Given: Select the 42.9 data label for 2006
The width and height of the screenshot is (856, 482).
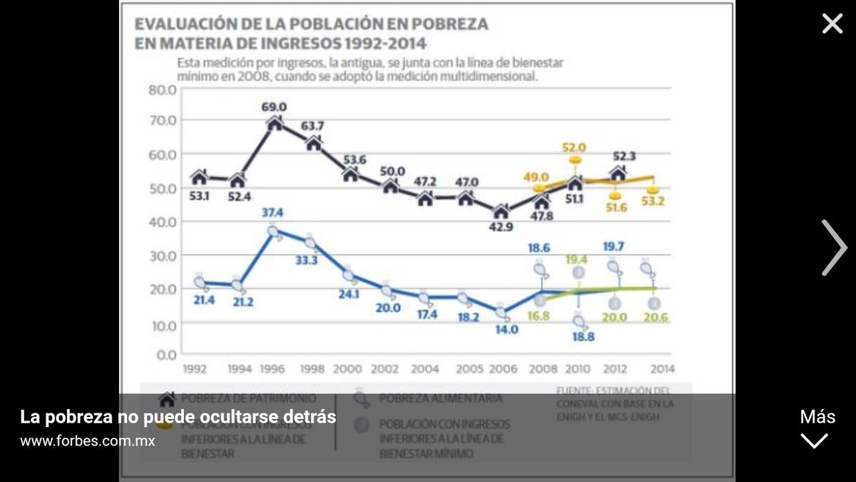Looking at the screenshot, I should tap(501, 226).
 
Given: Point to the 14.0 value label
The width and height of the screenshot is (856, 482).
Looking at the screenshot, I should tap(501, 331).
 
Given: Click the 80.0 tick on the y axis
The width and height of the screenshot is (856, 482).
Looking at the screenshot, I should tap(162, 90).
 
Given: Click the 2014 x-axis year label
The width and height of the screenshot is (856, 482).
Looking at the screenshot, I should tap(663, 369).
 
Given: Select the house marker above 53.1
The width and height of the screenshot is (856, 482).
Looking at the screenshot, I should tap(200, 176).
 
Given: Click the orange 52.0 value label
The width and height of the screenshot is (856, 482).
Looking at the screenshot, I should tap(575, 147).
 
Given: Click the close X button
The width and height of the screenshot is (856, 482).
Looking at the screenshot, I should tap(832, 24).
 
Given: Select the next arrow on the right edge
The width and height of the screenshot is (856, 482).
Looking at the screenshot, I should tap(834, 248).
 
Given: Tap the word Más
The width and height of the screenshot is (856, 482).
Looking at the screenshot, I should tap(817, 417).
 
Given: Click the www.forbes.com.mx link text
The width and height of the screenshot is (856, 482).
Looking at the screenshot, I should tap(87, 441).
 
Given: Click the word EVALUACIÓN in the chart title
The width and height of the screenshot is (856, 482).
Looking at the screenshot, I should tap(184, 24).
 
